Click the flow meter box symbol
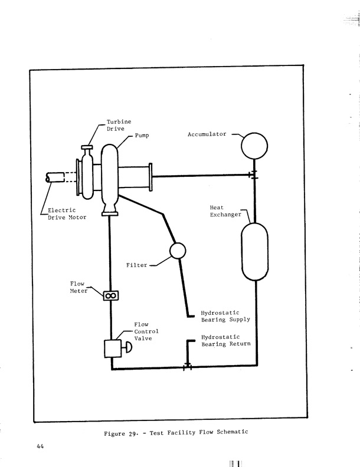[x=111, y=295]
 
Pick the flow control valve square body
[x=112, y=348]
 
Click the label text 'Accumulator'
[x=207, y=134]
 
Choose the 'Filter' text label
[x=136, y=265]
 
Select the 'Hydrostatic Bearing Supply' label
[x=225, y=316]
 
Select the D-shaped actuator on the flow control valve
[x=126, y=348]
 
